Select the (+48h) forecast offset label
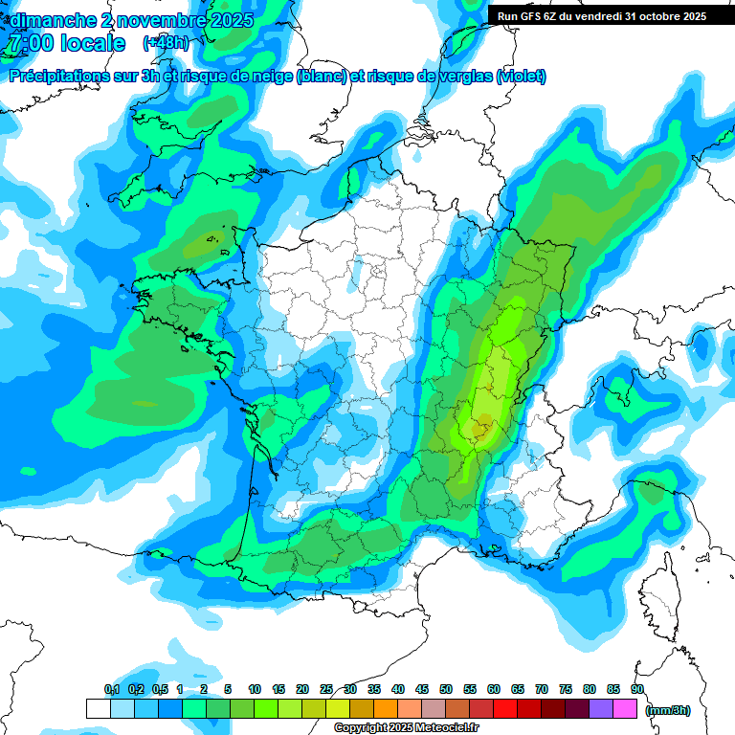pos(166,43)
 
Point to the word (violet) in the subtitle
pos(521,77)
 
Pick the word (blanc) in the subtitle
pos(321,77)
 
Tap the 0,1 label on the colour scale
pos(112,689)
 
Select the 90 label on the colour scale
pos(636,689)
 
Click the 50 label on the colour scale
pos(446,689)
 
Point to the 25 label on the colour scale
pos(326,689)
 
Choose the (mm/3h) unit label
pos(668,710)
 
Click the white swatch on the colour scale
pos(99,709)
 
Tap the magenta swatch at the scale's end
pos(625,709)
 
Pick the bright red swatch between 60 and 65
pos(505,709)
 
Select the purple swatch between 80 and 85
pos(601,709)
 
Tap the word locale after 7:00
pos(91,43)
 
